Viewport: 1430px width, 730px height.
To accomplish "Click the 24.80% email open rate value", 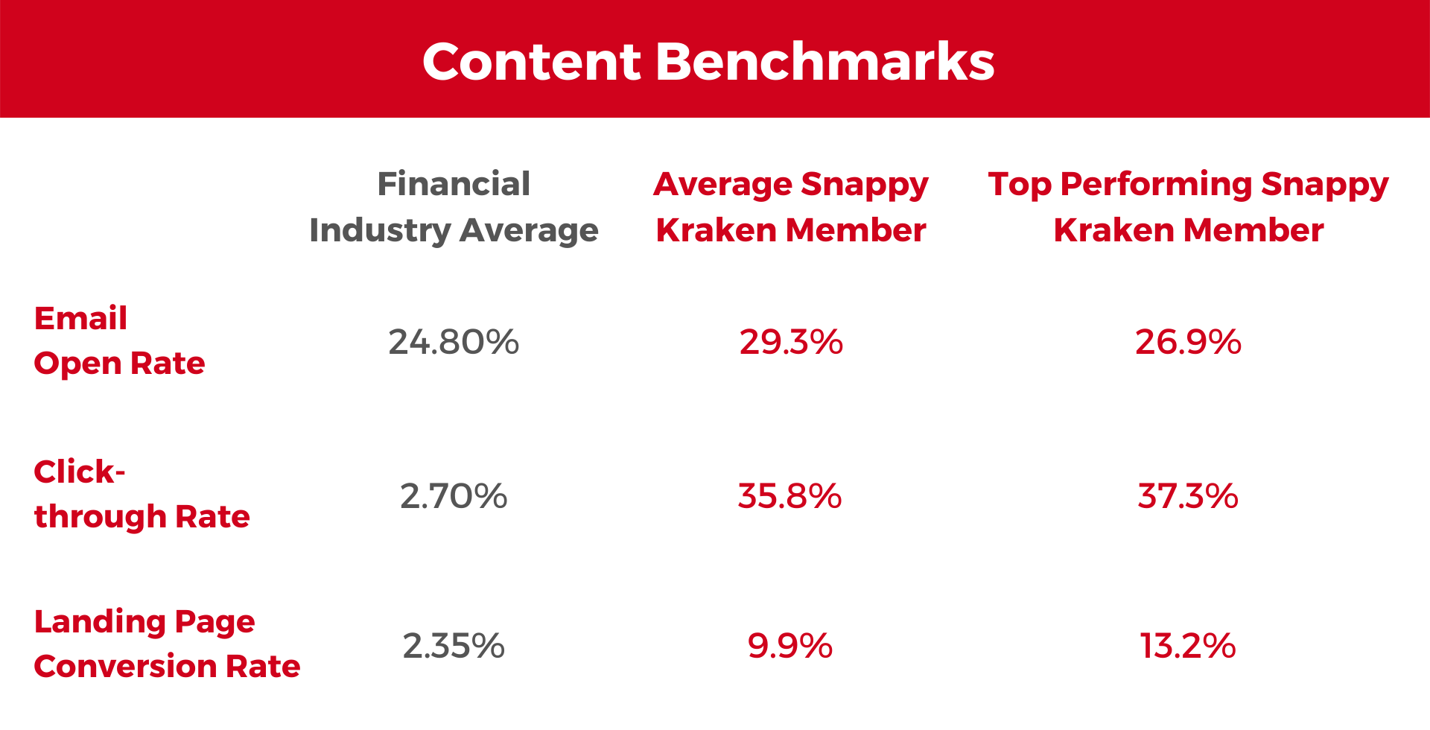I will coord(454,342).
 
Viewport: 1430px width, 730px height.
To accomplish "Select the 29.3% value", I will coord(791,342).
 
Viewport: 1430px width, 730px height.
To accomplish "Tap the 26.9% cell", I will coord(1188,342).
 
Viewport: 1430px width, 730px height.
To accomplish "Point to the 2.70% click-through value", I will coord(454,496).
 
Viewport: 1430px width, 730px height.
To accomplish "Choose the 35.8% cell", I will coord(789,496).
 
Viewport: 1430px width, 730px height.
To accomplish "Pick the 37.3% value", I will coord(1188,496).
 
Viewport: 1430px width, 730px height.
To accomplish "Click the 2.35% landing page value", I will coord(454,646).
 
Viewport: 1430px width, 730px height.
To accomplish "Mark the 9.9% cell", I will coord(789,646).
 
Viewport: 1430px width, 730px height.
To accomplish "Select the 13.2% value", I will coord(1188,646).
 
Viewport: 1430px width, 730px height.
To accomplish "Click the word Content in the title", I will coord(531,61).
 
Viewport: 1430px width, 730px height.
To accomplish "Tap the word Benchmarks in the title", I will coord(824,61).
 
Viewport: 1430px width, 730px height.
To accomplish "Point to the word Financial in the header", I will coord(454,184).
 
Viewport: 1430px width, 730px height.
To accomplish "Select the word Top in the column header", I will coord(1020,185).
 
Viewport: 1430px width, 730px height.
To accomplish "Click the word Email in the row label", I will coord(80,319).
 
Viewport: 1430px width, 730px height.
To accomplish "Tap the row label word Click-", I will coord(80,472).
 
